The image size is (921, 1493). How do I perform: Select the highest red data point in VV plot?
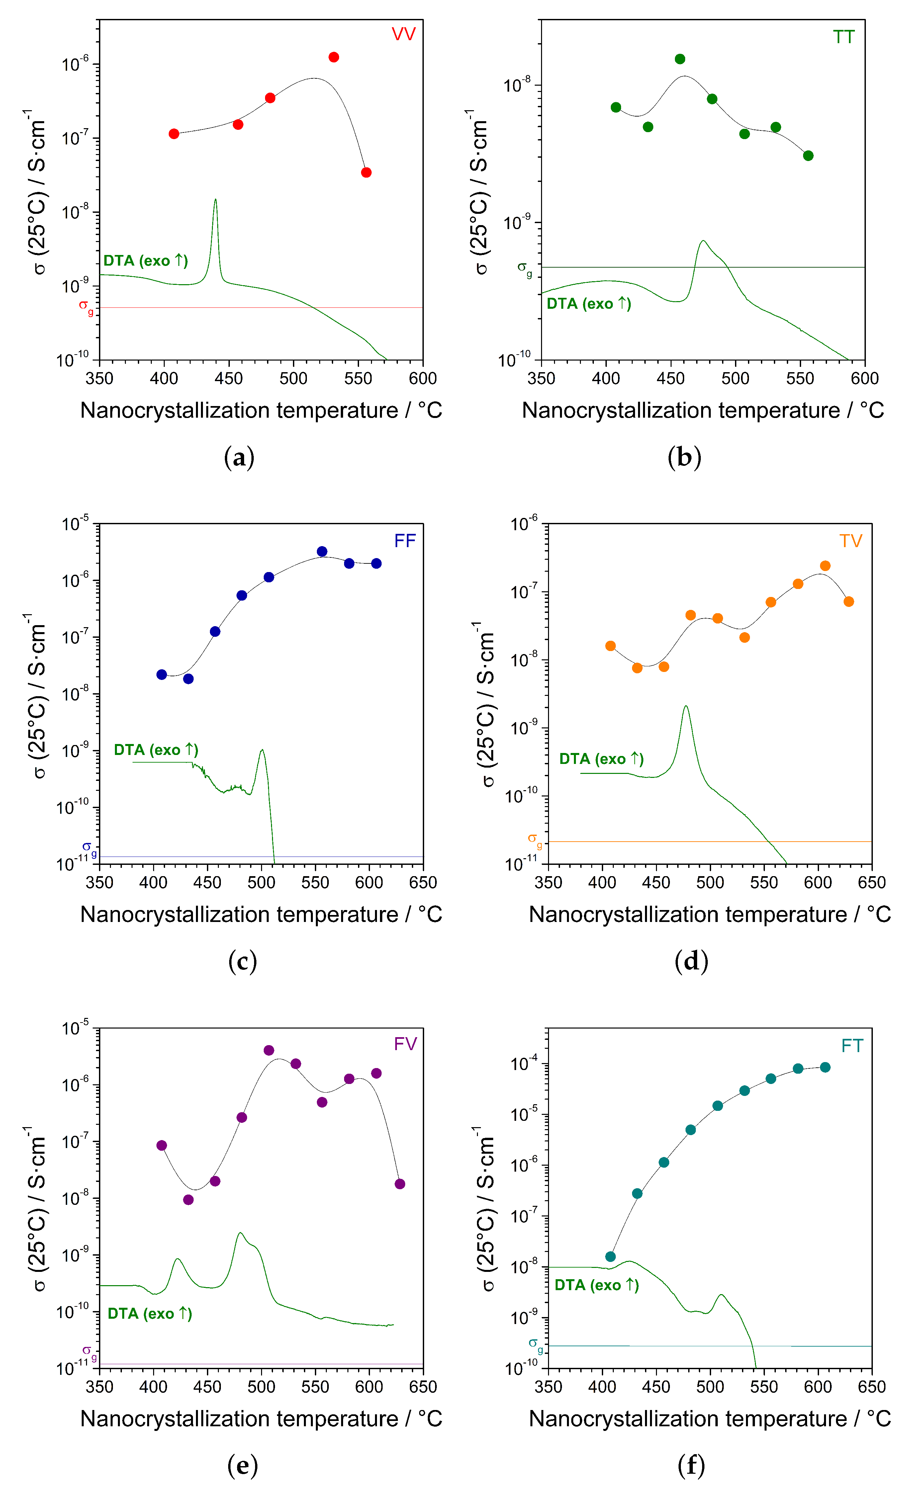(334, 57)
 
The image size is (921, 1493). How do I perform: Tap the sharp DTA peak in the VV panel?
(215, 201)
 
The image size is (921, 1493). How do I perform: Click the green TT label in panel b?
(844, 37)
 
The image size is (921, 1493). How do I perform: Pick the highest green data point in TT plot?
(680, 59)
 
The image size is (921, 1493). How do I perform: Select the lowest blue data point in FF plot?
(188, 679)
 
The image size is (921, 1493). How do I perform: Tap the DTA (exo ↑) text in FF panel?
(156, 750)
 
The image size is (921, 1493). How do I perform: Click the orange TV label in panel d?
(850, 541)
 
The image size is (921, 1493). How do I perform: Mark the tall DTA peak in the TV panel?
(686, 707)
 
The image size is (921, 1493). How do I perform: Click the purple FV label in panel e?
(405, 1044)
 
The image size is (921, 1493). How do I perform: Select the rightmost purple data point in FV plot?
(400, 1184)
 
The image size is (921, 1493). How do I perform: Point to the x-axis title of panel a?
(261, 410)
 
